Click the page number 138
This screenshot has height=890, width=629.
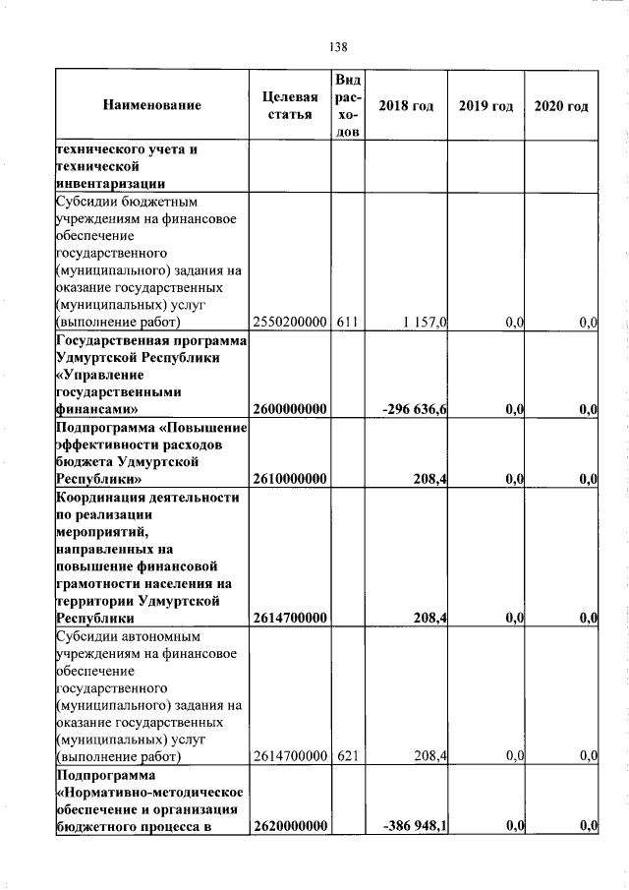pyautogui.click(x=339, y=46)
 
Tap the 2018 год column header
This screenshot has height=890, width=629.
pyautogui.click(x=406, y=105)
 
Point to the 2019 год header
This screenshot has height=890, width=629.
pyautogui.click(x=486, y=105)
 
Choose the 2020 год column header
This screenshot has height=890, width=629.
pyautogui.click(x=561, y=105)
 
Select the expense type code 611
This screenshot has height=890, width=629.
pyautogui.click(x=348, y=322)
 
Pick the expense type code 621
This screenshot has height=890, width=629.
pyautogui.click(x=348, y=755)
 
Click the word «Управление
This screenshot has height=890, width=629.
pyautogui.click(x=101, y=374)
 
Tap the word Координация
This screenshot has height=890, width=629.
pyautogui.click(x=107, y=498)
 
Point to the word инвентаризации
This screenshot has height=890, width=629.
pyautogui.click(x=108, y=183)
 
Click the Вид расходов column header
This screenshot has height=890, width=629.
pyautogui.click(x=348, y=105)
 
